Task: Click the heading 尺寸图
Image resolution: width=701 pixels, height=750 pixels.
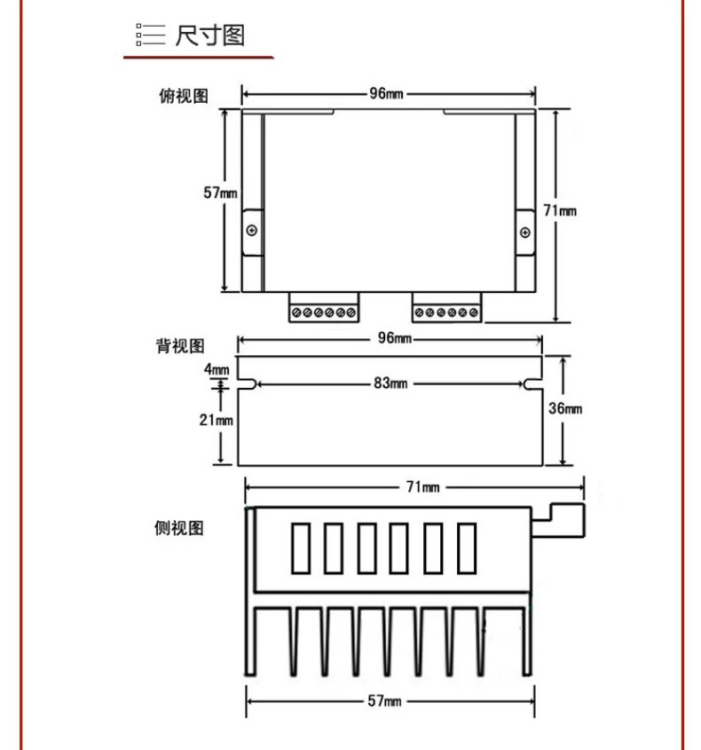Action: pos(210,36)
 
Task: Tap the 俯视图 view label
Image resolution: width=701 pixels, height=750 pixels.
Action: pos(184,96)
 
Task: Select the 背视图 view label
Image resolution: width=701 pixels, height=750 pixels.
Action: pos(180,346)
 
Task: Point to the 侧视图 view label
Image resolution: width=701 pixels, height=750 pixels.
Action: pos(179,528)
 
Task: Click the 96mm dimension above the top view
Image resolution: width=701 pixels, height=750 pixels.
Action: pos(386,93)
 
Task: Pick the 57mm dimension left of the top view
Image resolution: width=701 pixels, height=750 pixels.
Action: pos(220,193)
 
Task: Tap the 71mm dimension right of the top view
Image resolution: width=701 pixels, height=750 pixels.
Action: pos(560,210)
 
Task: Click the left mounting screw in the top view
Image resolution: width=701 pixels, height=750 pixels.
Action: pos(251,231)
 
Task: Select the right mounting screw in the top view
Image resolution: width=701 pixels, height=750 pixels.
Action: pos(525,233)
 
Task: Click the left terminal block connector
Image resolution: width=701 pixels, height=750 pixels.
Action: pos(324,307)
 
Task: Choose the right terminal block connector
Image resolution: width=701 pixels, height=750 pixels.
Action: pos(447,307)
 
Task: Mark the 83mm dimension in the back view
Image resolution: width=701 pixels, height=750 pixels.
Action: pos(390,383)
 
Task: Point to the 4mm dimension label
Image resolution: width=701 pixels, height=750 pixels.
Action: pos(217,369)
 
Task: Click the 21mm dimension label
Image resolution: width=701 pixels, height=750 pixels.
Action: pos(217,420)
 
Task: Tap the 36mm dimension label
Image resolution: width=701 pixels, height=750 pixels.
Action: pos(565,408)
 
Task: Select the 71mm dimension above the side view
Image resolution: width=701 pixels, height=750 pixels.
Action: pos(423,487)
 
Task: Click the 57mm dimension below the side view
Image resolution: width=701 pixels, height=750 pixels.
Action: pos(384,701)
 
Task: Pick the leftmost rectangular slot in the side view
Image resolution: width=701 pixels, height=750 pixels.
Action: pos(301,549)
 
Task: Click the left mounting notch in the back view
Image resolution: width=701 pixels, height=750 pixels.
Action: pos(248,383)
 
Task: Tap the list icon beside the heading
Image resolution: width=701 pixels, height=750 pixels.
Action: pos(151,35)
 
